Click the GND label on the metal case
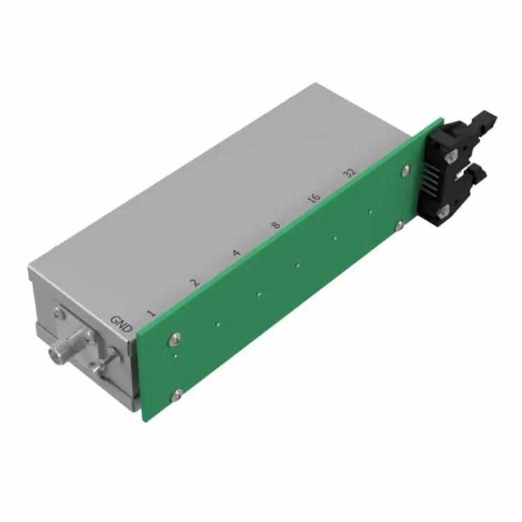tap(121, 322)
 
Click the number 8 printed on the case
tap(275, 226)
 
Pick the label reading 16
tap(314, 199)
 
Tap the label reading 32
tap(351, 173)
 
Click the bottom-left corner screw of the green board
tap(178, 395)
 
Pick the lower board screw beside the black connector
tap(399, 224)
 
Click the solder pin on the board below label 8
tap(298, 264)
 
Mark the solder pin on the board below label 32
tap(370, 212)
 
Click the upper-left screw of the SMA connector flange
tap(55, 314)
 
